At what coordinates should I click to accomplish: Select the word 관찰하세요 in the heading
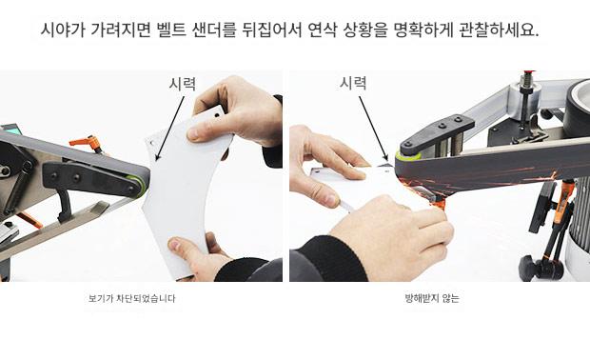500,30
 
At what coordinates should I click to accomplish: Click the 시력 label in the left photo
183,84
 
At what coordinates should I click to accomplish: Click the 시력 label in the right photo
353,83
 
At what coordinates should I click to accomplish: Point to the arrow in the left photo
170,128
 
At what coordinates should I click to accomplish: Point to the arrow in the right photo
373,128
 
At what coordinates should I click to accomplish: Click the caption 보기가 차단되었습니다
131,299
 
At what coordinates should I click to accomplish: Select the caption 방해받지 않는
432,299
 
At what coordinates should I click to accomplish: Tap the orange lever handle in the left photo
86,143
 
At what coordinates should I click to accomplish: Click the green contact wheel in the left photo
140,186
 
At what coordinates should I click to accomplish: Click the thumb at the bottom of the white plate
180,247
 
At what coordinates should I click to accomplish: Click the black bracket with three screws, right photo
437,132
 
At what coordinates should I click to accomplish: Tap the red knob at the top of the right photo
528,72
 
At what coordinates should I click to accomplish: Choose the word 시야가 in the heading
63,30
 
